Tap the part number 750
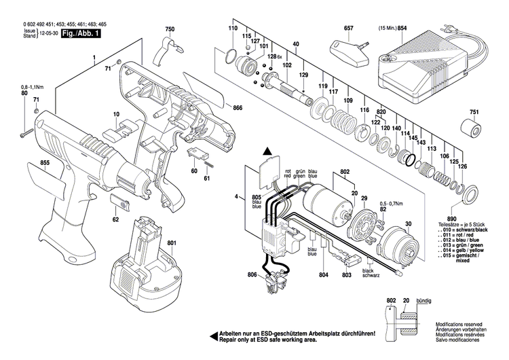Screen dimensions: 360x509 click(169, 29)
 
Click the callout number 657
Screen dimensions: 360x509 click(349, 29)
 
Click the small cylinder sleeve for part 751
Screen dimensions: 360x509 click(468, 128)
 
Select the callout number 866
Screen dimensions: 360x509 click(237, 108)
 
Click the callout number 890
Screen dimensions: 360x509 click(469, 217)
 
